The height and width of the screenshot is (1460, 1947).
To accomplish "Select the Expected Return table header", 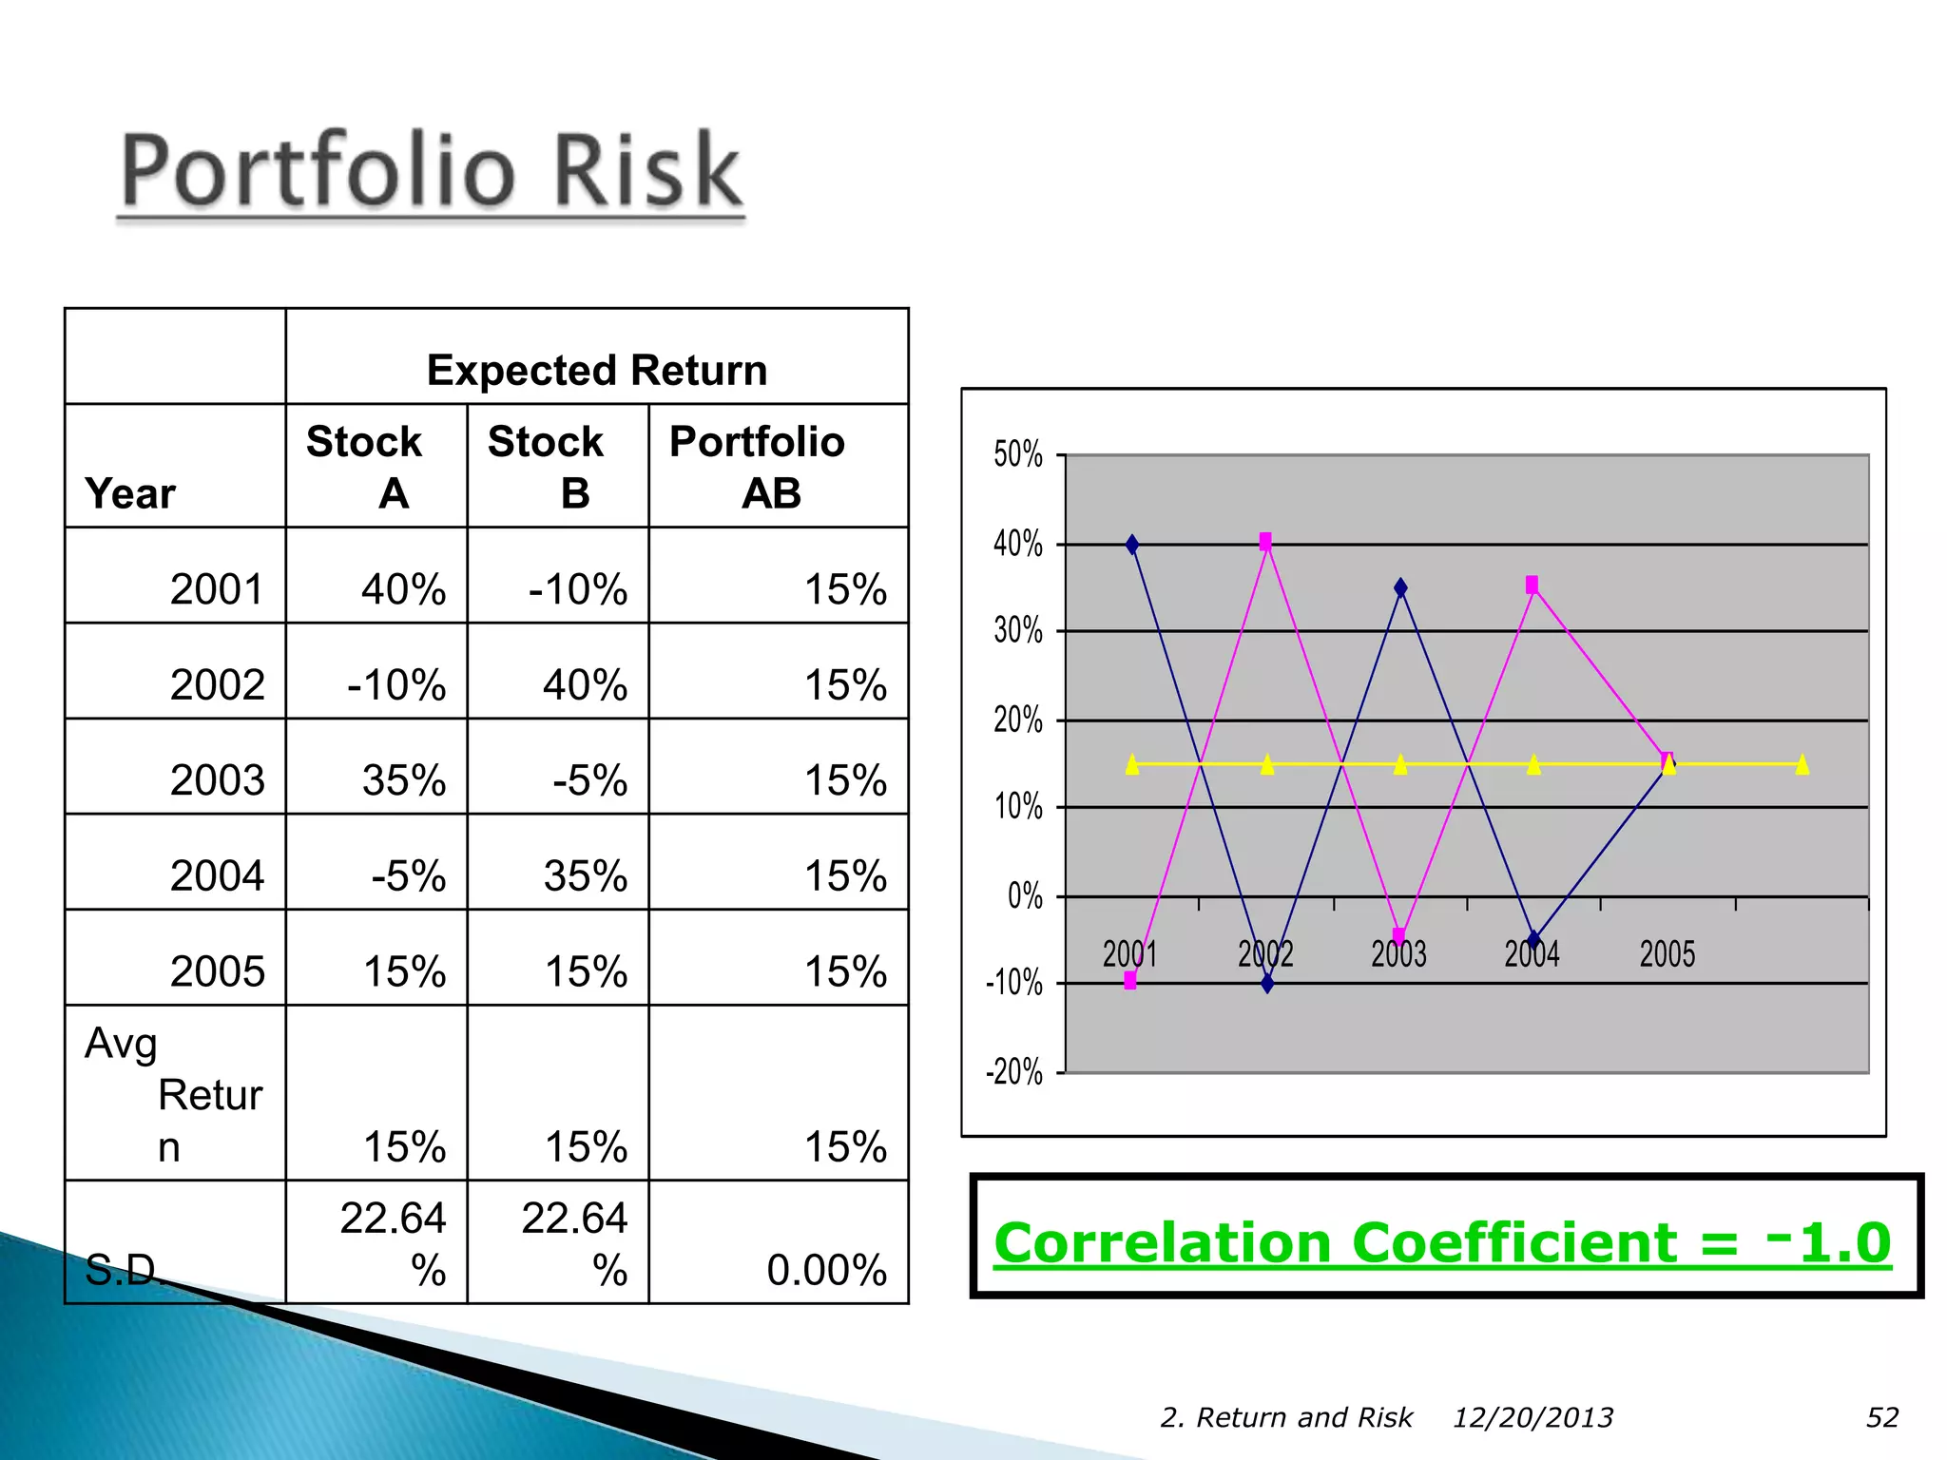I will pos(596,370).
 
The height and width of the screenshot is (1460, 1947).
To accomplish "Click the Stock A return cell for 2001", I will pos(403,589).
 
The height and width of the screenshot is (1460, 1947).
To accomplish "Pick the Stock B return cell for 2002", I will pos(585,684).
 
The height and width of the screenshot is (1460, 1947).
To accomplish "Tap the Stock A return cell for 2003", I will pos(403,780).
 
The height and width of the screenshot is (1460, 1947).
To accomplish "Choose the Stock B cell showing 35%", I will pos(585,875).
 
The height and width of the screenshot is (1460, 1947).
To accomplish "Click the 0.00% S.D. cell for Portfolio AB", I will pos(825,1270).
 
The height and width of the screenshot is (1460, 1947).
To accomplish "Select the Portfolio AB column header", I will pos(758,467).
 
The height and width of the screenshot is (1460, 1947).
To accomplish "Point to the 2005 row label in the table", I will pos(217,971).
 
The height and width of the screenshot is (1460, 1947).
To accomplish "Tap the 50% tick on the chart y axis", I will pos(1018,454).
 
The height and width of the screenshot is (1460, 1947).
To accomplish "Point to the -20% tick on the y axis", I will pos(1014,1072).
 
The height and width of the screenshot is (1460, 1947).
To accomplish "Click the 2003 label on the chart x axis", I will pos(1398,953).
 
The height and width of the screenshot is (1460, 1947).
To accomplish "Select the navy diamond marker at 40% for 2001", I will pos(1131,545).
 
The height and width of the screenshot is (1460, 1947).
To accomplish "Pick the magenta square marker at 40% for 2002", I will pos(1265,541).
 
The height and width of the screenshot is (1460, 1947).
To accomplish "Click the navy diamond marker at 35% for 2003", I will pos(1400,588).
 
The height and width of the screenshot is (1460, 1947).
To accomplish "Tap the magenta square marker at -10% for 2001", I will pos(1130,980).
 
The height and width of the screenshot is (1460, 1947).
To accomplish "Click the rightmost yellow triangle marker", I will pos(1802,764).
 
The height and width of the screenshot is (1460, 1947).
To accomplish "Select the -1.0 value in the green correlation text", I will pos(1829,1241).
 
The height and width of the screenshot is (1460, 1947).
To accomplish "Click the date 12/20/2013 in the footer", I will pos(1533,1417).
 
